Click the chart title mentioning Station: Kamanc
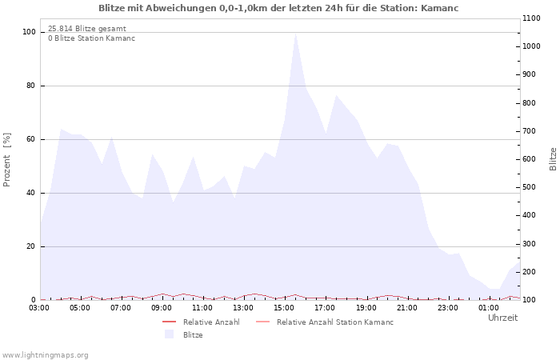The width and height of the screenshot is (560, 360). coord(278,8)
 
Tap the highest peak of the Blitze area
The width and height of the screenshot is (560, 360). coord(296,34)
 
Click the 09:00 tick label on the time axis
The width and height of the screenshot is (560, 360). coord(162,308)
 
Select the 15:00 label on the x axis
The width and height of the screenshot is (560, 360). coord(284,308)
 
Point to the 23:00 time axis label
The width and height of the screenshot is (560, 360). coord(447,308)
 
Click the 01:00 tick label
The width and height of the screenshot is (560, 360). coord(489,308)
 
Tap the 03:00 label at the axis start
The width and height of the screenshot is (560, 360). coord(39,308)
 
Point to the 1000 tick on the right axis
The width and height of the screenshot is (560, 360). coord(531,46)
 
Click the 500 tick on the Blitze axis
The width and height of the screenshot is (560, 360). coord(530,187)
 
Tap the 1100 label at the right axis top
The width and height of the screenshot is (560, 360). coord(531,18)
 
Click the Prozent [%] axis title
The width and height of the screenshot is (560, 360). coord(6,160)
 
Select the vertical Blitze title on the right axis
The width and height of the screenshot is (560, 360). coord(553,159)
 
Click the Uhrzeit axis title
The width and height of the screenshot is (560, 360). coord(503,318)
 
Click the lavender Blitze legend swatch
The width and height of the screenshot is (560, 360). coord(169,334)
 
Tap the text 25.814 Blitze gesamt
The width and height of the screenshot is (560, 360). coord(87,29)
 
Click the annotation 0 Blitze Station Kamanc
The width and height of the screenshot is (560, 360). coord(92,38)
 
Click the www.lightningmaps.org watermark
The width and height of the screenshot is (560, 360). coord(45,355)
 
